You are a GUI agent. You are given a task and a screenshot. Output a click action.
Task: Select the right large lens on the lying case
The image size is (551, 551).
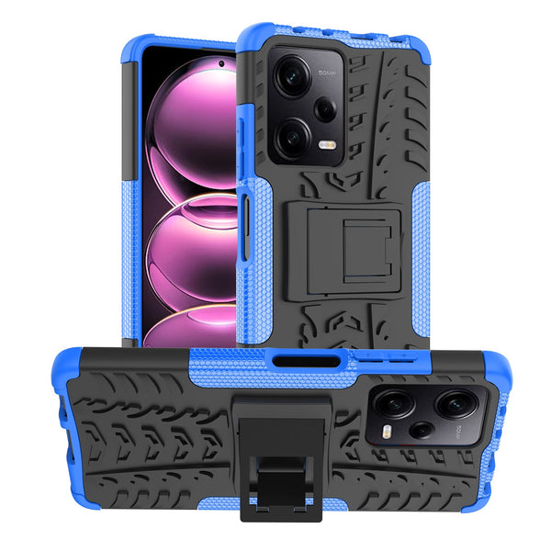[x=456, y=401]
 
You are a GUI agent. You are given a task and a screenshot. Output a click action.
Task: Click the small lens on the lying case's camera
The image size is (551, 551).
[x=422, y=429]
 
